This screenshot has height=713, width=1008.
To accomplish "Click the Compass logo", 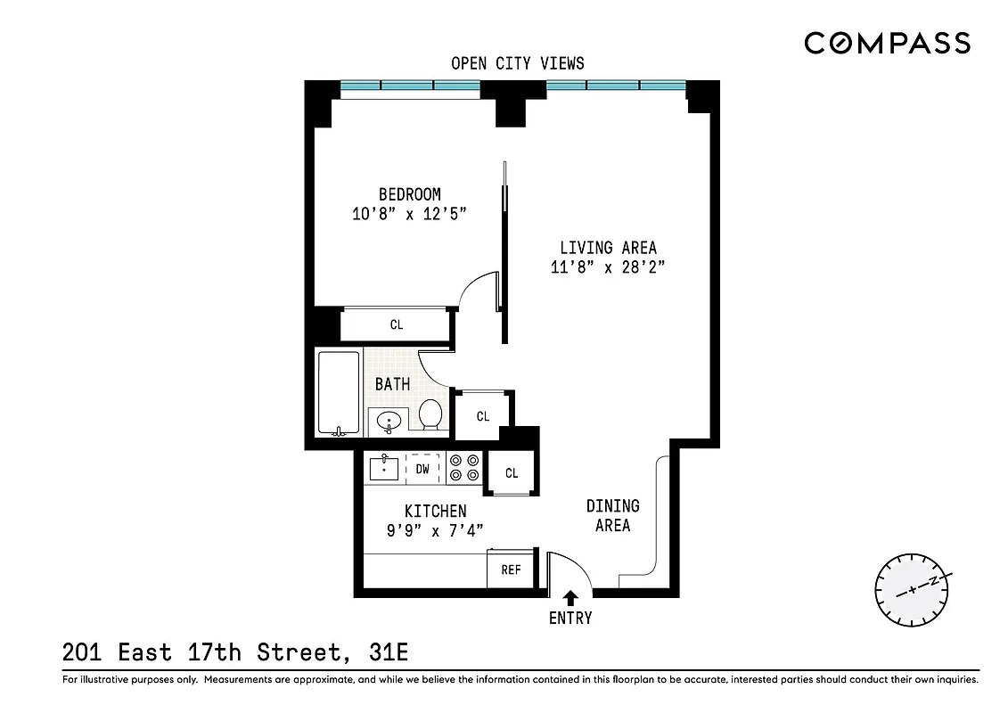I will [x=887, y=43].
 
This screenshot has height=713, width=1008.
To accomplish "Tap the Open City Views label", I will [x=518, y=62].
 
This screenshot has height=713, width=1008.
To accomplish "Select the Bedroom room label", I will [x=409, y=194].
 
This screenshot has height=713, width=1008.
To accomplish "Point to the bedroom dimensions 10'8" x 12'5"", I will [x=409, y=214].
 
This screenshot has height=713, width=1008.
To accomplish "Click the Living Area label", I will [x=608, y=248].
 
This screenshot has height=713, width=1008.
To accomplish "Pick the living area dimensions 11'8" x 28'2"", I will [x=608, y=267].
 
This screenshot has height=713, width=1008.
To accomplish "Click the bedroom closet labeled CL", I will [x=397, y=324].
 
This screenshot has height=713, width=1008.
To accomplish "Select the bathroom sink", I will [x=389, y=420].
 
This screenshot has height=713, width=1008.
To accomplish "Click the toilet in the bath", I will [x=431, y=414].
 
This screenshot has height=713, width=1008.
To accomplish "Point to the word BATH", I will [x=392, y=384].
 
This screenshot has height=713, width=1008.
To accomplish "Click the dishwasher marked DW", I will [x=422, y=468].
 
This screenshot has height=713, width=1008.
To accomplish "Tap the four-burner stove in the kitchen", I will [x=463, y=468].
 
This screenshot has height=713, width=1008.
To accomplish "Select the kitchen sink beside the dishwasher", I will [x=384, y=468].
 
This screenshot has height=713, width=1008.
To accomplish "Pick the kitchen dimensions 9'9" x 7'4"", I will [x=435, y=531].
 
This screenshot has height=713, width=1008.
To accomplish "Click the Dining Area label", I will [x=612, y=515].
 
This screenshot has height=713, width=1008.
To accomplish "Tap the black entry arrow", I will [x=570, y=600].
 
